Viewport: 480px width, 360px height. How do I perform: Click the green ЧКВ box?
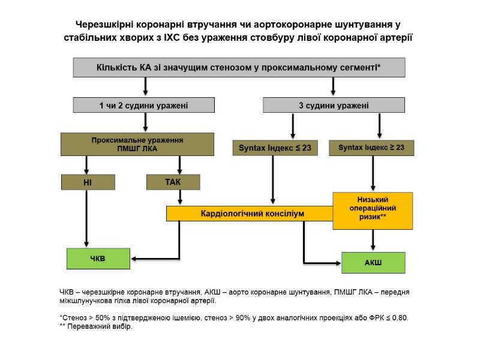point(97,259)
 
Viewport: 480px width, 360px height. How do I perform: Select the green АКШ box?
point(373,262)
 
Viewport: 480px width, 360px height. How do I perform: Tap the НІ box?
point(88,182)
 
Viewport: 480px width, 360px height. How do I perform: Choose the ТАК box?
point(173,182)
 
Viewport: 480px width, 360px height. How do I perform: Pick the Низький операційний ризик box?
point(373,210)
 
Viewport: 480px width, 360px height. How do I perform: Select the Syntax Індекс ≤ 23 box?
point(275,148)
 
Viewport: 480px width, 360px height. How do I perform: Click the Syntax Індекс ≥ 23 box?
point(371,148)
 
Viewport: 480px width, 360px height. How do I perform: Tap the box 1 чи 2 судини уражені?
point(144,106)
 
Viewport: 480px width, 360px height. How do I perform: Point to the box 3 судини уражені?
point(334,106)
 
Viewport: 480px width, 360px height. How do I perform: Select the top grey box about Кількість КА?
point(239,67)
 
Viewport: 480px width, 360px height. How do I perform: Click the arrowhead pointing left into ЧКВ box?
point(134,259)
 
